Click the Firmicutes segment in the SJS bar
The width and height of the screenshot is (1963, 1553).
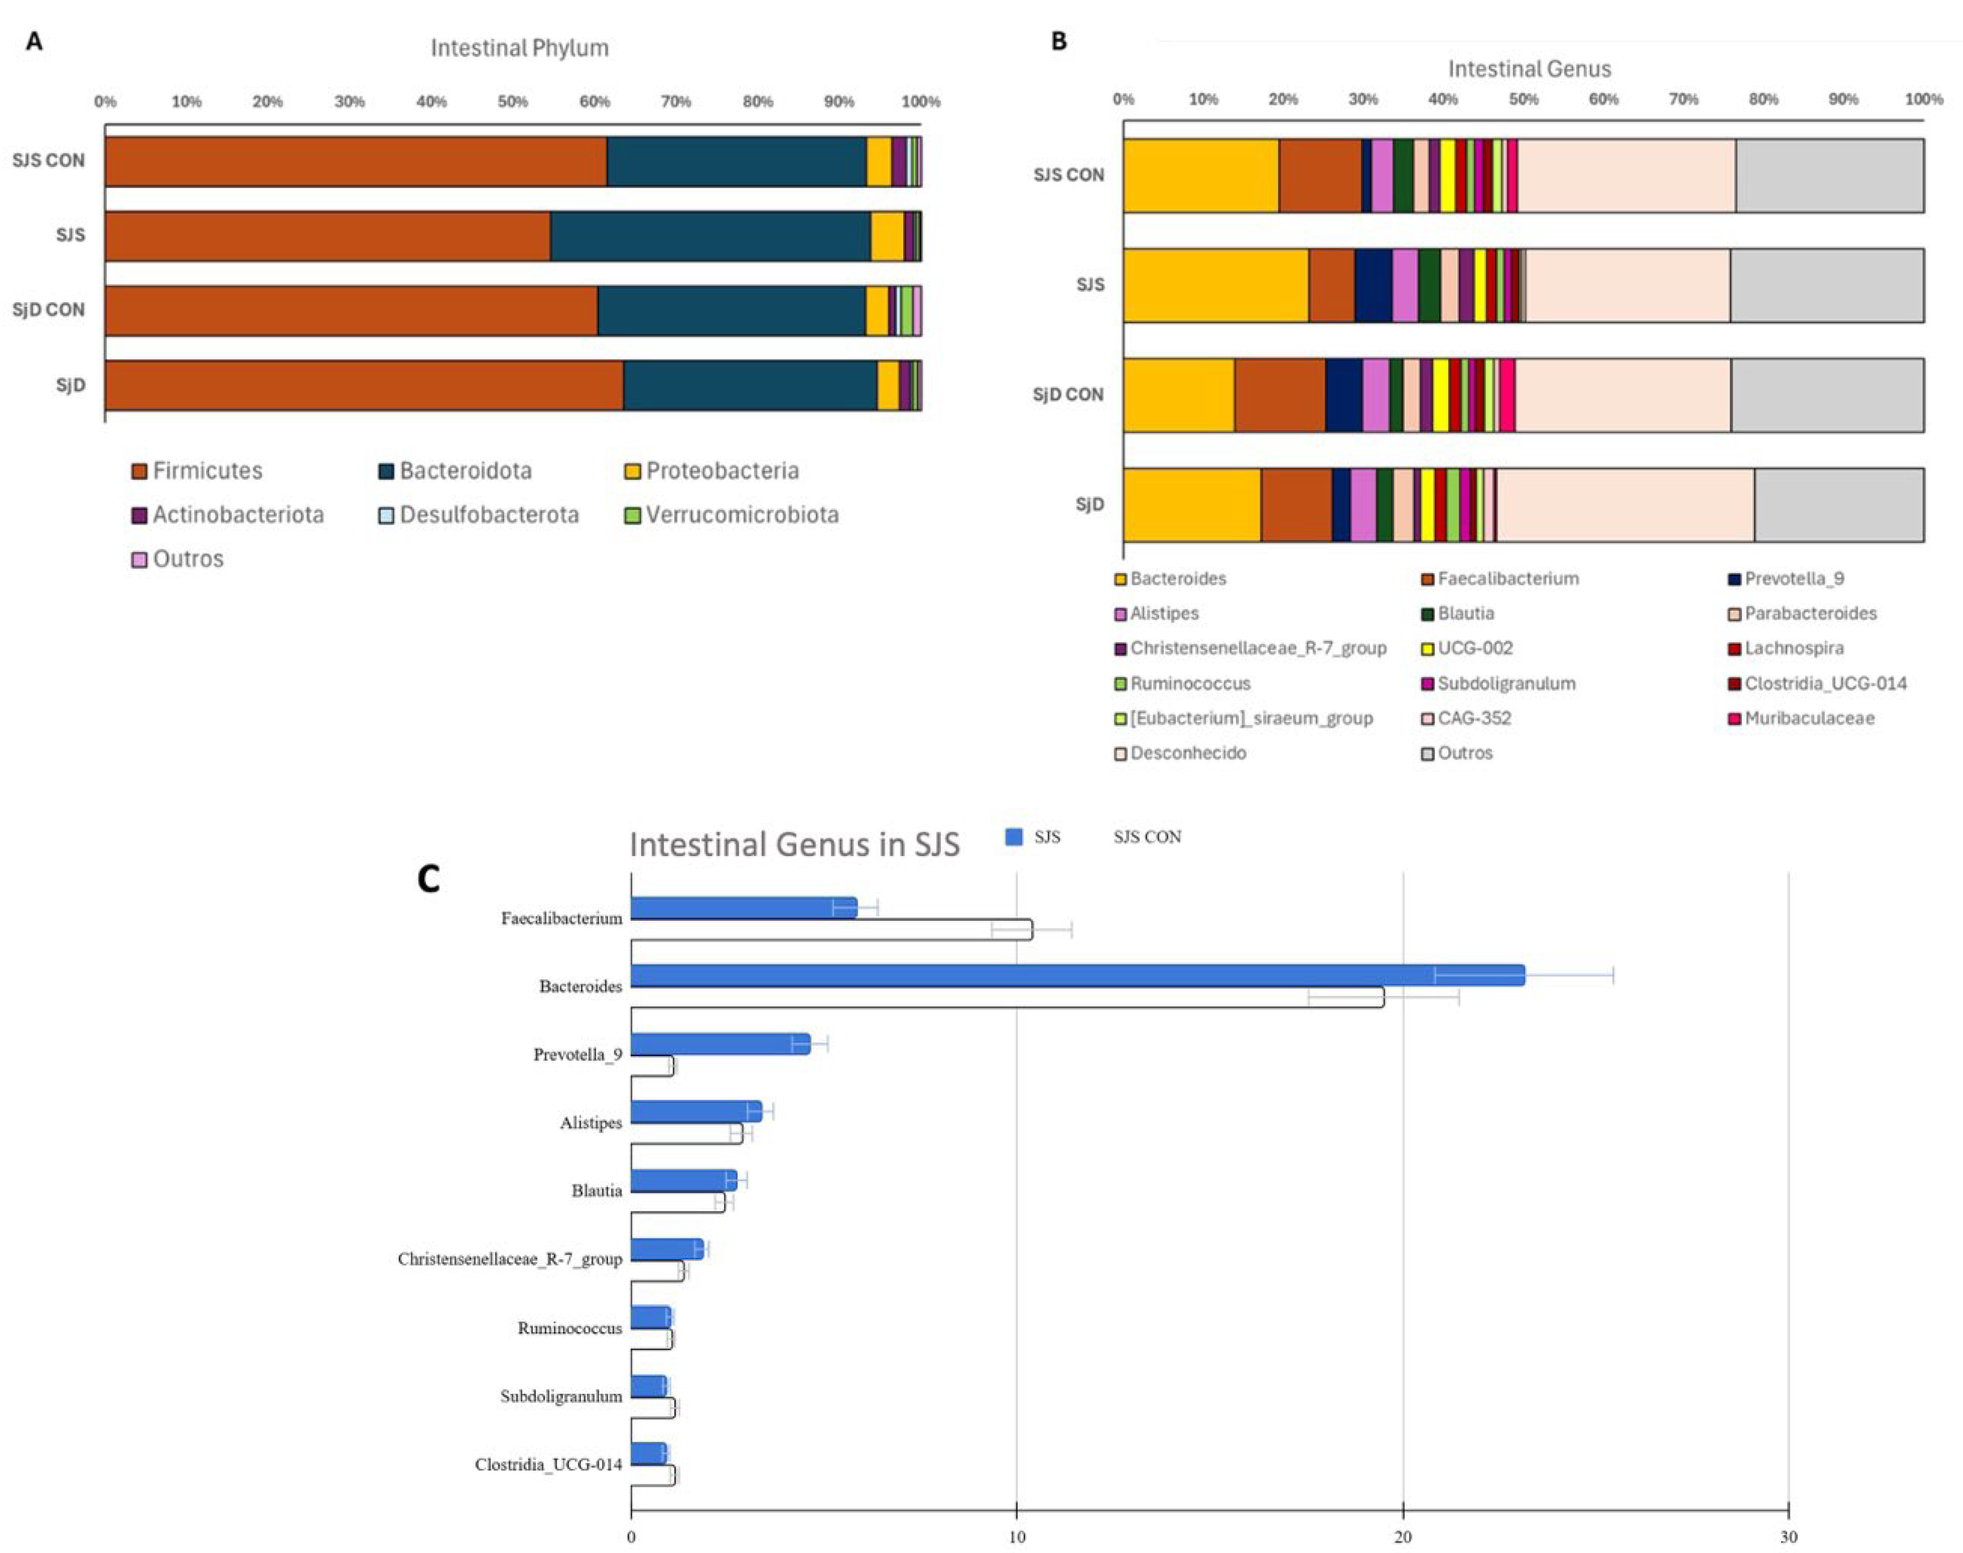tap(327, 237)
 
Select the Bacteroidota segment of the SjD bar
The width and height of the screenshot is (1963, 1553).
tap(750, 386)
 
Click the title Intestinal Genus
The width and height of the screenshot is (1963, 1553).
tap(1529, 69)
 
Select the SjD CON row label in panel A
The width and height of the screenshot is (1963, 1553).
tap(48, 310)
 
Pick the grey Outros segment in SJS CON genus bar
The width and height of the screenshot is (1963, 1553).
tap(1829, 176)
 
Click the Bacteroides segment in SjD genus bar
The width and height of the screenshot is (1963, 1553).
tap(1191, 505)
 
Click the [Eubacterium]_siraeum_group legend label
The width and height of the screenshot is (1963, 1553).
tap(1251, 718)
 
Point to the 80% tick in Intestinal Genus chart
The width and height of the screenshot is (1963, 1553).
tap(1763, 99)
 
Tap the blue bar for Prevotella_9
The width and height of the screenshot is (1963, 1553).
tap(719, 1044)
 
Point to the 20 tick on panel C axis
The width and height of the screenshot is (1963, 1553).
tap(1403, 1536)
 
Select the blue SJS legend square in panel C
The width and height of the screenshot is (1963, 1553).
tap(1014, 837)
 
